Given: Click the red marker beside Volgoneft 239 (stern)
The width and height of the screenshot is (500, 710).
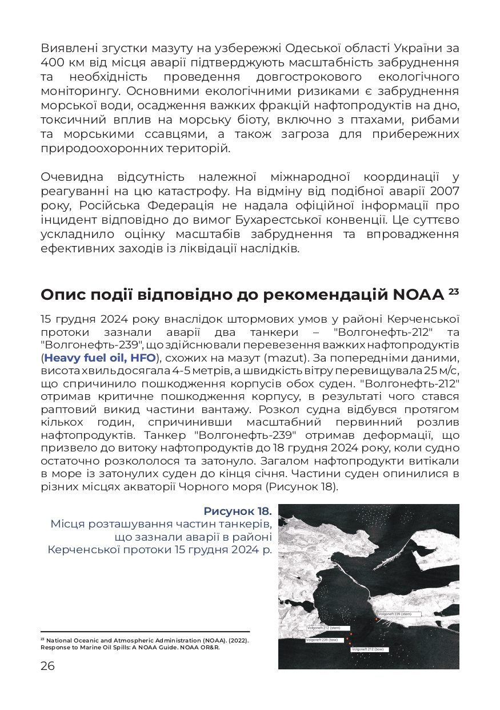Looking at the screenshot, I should (x=377, y=619).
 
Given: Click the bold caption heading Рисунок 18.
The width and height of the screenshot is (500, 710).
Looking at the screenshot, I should (x=237, y=511).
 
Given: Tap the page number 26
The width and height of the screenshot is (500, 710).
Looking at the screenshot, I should (x=47, y=665).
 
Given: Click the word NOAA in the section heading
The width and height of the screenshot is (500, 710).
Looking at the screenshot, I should (x=418, y=295).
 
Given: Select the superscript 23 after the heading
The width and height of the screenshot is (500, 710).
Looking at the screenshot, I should (x=454, y=291).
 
